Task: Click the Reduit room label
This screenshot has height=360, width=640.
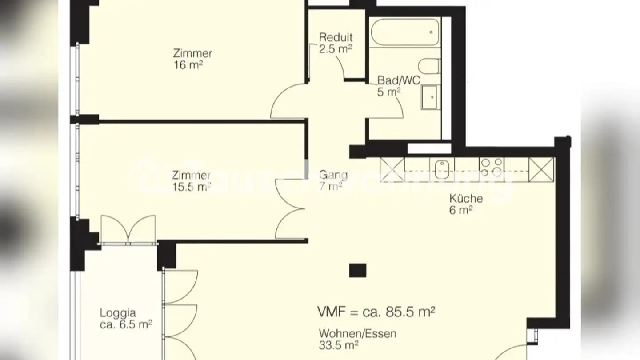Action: [336, 38]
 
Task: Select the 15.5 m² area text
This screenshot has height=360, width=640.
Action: [192, 187]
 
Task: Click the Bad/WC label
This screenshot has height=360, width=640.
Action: [399, 80]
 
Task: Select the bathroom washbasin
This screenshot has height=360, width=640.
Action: [429, 97]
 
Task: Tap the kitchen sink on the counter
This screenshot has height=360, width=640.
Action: [442, 169]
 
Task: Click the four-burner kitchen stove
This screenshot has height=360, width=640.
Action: [492, 167]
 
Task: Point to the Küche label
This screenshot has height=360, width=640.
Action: [466, 199]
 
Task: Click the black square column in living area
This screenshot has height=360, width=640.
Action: [357, 270]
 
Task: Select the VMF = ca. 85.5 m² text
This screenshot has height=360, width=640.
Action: [376, 312]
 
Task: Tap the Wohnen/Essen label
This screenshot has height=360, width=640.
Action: [357, 333]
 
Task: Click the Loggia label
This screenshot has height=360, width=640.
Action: [118, 312]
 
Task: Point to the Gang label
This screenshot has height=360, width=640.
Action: [333, 175]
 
